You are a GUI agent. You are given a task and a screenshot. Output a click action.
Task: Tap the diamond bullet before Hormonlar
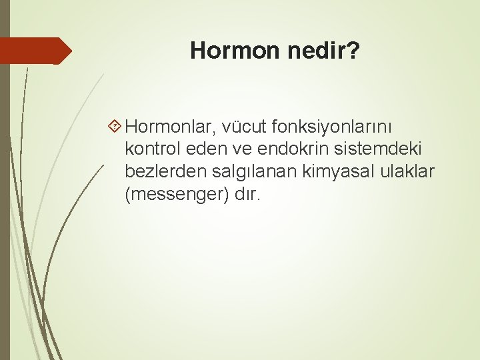(115, 125)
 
